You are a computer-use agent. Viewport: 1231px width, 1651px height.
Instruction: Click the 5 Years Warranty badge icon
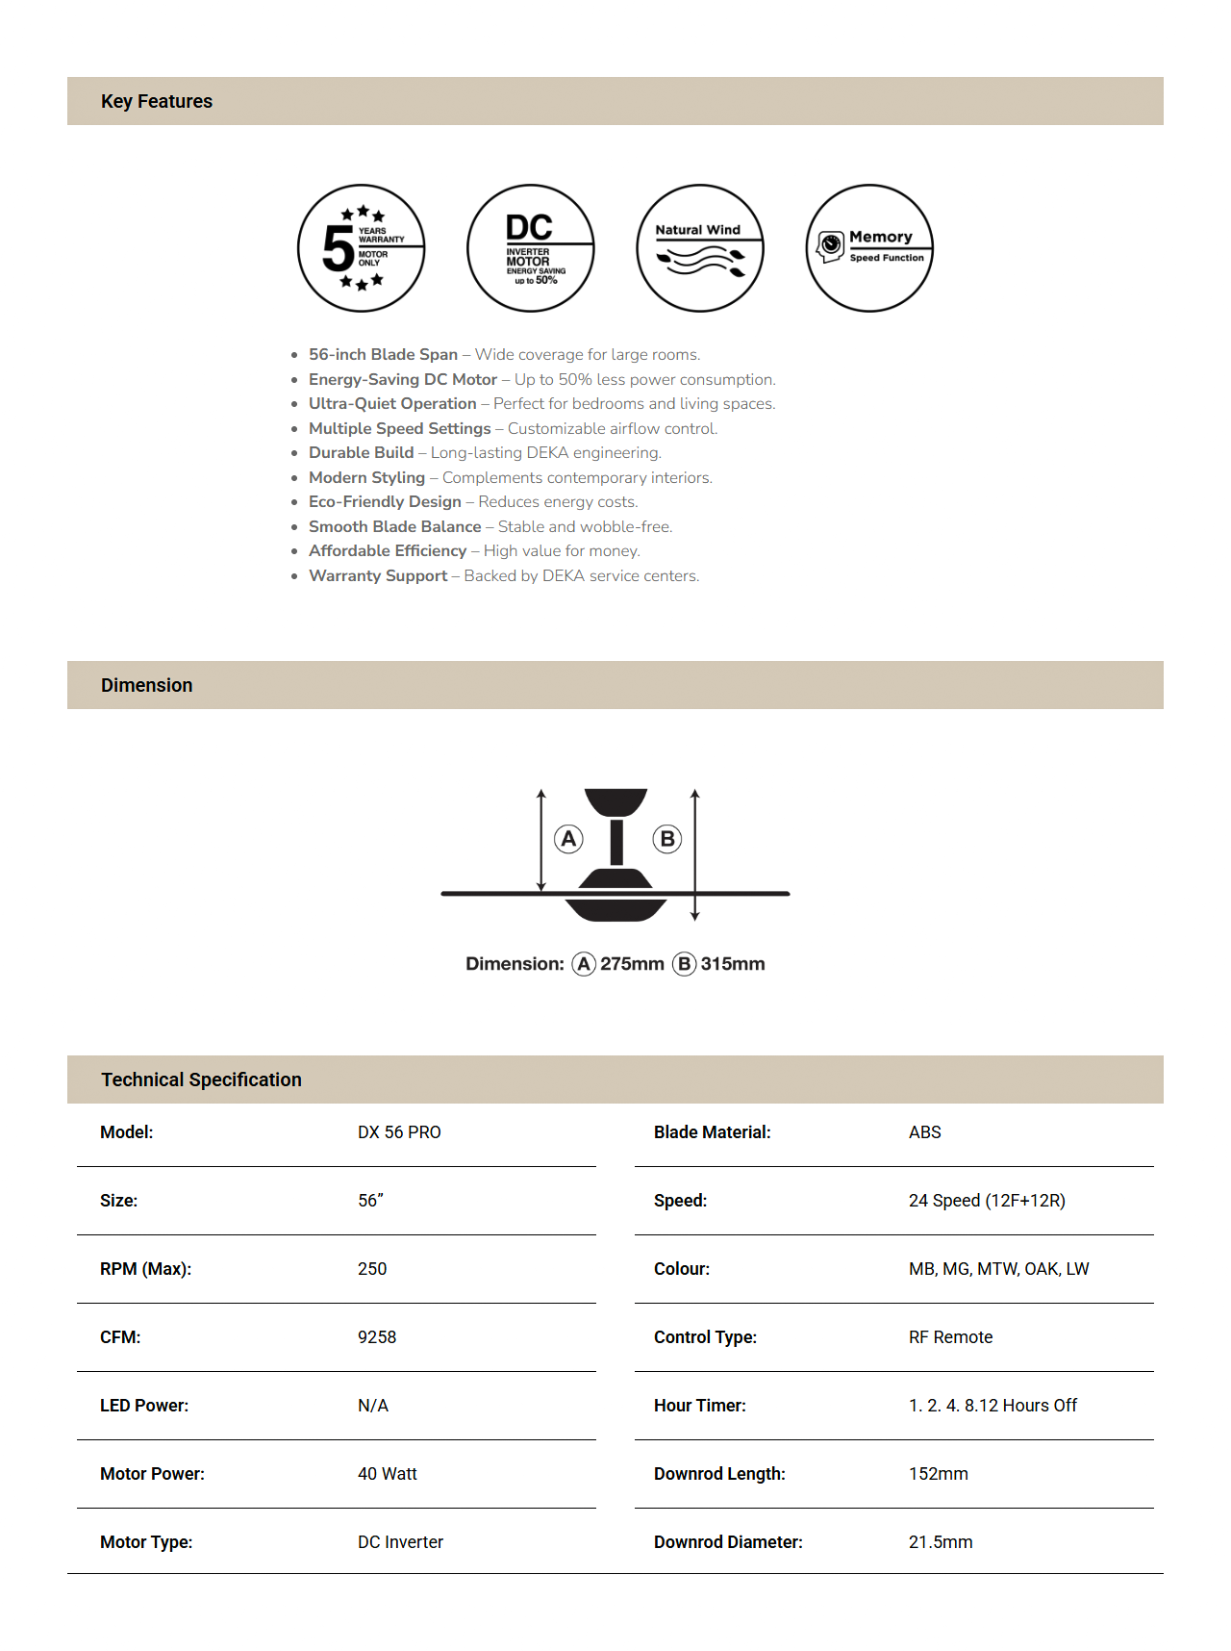pos(362,248)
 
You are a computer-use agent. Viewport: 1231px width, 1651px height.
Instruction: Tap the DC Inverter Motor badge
pos(531,248)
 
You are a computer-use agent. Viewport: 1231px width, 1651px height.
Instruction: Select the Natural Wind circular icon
pos(700,248)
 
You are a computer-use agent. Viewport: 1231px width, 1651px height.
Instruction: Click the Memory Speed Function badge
pos(869,248)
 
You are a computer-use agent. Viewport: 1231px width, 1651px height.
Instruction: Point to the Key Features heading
pos(157,101)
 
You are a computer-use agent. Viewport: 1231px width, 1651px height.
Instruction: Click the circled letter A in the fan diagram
pos(569,839)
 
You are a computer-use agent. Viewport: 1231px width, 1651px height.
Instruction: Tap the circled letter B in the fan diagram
pos(667,839)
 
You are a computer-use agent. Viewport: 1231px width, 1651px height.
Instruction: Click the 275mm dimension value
pos(632,964)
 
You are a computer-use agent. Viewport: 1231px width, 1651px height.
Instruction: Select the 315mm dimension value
pos(733,964)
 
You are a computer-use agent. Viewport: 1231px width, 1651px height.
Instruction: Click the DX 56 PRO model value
pos(399,1132)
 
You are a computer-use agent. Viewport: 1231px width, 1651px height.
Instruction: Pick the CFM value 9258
pos(377,1337)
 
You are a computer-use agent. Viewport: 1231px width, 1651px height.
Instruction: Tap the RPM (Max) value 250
pos(372,1269)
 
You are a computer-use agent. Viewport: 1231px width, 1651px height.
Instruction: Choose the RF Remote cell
pos(950,1337)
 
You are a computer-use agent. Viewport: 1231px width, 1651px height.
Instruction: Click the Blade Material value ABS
pos(925,1132)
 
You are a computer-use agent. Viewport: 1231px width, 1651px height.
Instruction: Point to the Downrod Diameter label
pos(728,1542)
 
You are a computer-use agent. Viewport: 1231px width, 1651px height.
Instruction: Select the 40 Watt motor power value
pos(388,1474)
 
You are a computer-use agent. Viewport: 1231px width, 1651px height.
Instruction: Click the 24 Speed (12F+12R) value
pos(987,1201)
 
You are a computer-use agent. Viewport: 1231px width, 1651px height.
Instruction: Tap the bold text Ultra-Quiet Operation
pos(392,404)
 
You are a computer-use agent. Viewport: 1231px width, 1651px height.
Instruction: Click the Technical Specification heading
pos(201,1079)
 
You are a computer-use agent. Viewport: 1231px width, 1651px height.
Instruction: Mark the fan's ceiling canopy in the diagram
pos(615,801)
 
